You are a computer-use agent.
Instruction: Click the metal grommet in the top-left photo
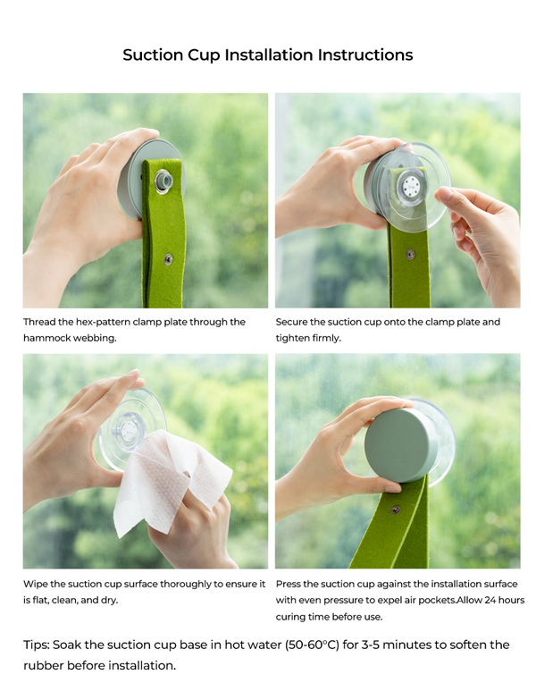163,182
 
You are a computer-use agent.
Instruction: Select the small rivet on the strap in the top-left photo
167,258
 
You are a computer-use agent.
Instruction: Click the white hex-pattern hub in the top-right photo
410,187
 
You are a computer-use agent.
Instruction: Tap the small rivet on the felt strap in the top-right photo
410,255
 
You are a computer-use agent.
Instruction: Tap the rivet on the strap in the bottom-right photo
396,510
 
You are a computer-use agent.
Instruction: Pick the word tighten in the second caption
293,339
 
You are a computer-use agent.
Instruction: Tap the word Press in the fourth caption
290,584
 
